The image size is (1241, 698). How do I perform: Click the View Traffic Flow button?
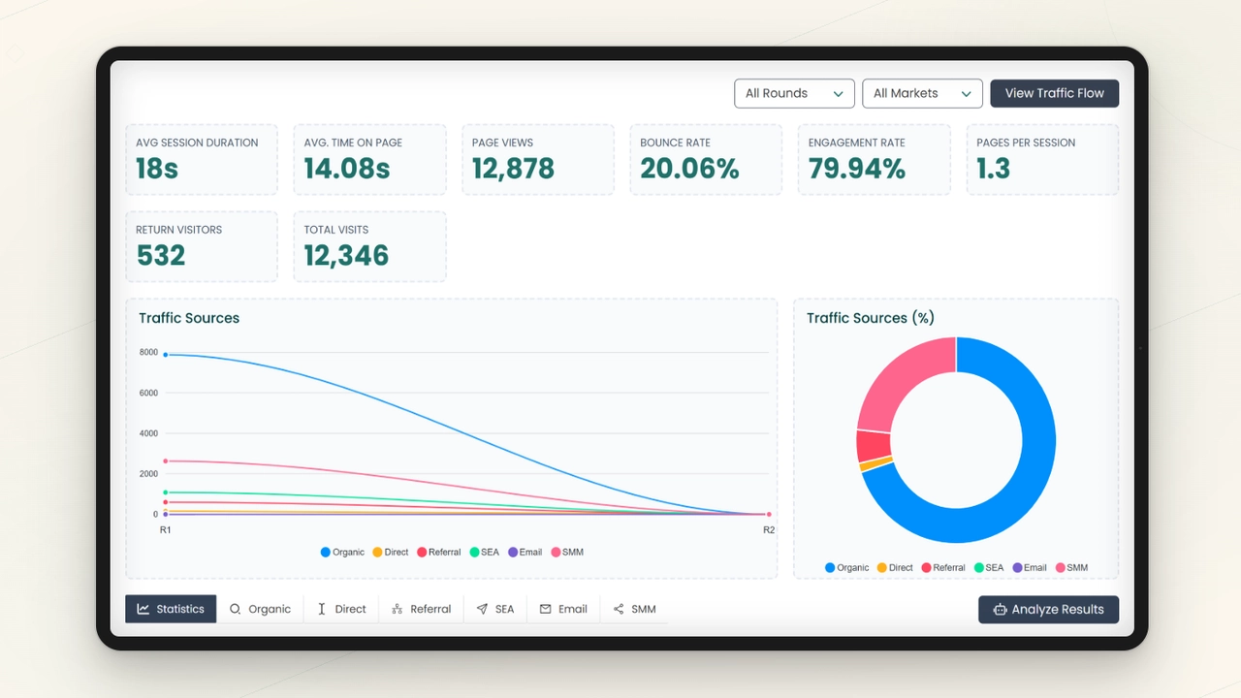1054,93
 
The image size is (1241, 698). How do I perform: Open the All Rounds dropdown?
794,93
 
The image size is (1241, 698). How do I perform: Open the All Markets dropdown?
922,93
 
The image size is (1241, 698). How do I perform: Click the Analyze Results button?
1048,609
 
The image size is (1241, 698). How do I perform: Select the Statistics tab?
171,609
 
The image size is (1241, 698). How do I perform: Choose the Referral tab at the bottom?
422,609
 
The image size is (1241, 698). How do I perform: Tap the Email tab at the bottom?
563,609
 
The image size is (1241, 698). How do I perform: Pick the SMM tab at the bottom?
634,609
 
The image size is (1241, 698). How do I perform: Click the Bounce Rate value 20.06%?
689,169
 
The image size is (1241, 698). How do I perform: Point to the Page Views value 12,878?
513,169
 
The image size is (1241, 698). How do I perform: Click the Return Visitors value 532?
161,256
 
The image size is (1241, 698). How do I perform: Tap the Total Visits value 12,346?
346,256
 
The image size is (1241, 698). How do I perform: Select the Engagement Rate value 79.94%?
857,169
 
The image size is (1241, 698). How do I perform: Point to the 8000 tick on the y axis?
148,352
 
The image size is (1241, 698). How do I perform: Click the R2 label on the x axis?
768,530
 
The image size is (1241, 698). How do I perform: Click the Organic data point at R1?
166,355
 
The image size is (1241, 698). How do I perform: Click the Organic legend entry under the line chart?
342,553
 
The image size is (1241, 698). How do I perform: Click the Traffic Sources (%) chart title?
870,318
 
